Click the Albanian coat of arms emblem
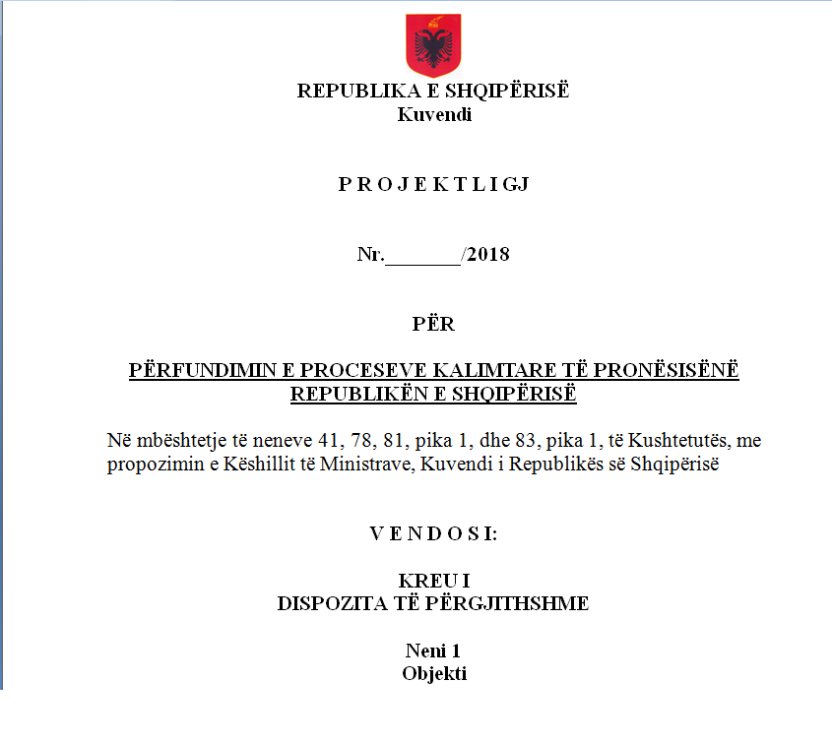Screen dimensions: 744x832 click(433, 46)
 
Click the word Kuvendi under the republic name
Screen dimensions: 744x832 click(434, 114)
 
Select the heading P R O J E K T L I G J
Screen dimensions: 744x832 click(434, 184)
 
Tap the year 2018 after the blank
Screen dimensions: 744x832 click(488, 255)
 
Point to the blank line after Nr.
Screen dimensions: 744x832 click(422, 257)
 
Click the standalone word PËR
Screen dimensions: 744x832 click(434, 324)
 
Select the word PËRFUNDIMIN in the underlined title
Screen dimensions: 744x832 click(192, 371)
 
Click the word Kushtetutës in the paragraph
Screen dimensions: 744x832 click(673, 441)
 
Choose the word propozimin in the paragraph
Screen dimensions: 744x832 click(149, 465)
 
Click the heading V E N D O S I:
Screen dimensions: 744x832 click(434, 534)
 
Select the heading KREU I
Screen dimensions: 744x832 click(434, 581)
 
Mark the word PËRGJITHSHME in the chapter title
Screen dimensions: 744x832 click(521, 603)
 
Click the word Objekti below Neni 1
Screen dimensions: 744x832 click(434, 673)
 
